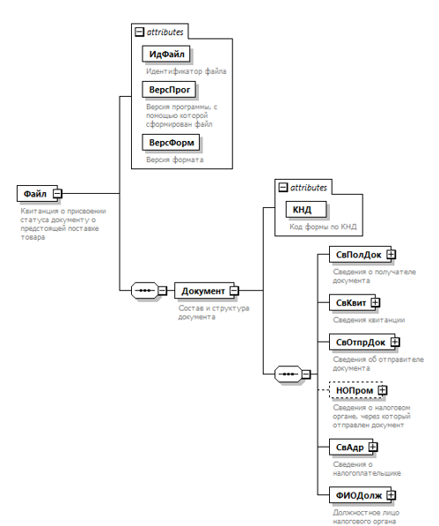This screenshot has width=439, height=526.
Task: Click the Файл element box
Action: point(37,194)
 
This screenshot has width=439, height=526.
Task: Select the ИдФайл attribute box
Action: point(166,54)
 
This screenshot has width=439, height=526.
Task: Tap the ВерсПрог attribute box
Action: point(169,90)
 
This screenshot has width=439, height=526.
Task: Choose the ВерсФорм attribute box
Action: point(171,143)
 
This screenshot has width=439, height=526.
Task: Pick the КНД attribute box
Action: point(306,210)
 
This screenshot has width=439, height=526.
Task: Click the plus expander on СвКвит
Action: point(376,302)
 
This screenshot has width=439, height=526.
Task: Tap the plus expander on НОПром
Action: point(383,390)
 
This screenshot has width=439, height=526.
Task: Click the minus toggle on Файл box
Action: point(58,194)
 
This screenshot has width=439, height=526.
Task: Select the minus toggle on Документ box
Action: point(234,291)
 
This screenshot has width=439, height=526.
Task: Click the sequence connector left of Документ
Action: point(144,291)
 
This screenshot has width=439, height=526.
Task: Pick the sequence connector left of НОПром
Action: point(288,374)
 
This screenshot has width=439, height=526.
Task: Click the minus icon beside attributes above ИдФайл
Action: point(139,33)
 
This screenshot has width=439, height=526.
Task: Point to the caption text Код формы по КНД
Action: point(323,226)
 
